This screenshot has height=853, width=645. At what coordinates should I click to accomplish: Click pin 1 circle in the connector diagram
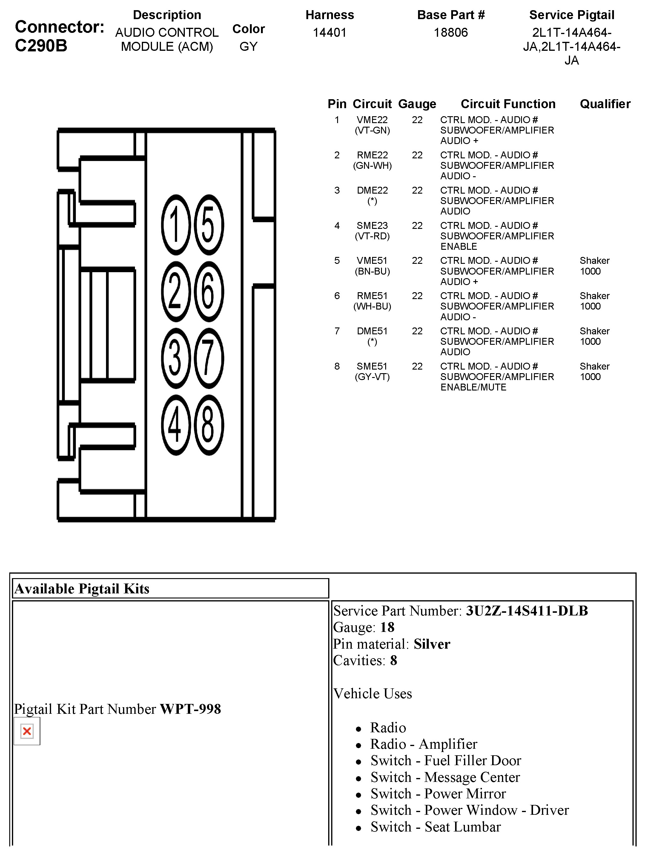pos(176,224)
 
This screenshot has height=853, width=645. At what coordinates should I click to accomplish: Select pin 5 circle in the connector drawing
pos(209,224)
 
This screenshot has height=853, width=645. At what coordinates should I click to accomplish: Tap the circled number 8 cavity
pos(209,425)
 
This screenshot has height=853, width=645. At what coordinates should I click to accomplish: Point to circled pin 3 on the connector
pos(176,358)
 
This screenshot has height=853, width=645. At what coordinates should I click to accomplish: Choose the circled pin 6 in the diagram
pos(209,292)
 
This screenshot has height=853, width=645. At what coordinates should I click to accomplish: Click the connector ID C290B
pos(41,45)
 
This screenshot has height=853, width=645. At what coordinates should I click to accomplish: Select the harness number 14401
pos(329,32)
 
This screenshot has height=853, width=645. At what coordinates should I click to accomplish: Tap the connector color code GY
pos(248,47)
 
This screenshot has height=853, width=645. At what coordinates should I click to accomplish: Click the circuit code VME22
pos(372,120)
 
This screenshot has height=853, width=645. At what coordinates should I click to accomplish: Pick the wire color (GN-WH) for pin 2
pos(372,166)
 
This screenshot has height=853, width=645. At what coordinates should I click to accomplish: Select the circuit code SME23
pos(372,226)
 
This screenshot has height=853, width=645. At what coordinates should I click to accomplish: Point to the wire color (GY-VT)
pos(372,377)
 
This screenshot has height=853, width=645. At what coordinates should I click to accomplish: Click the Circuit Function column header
pos(508,104)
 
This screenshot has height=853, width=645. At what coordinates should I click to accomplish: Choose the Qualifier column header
pos(605,104)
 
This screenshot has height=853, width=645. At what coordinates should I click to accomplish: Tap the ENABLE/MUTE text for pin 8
pos(473,387)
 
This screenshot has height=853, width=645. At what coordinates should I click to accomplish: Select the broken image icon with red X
pos(27,731)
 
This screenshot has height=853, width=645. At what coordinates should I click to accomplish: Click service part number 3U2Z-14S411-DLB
pos(527,611)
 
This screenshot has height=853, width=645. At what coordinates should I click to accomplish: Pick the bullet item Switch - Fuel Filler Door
pos(446,760)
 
